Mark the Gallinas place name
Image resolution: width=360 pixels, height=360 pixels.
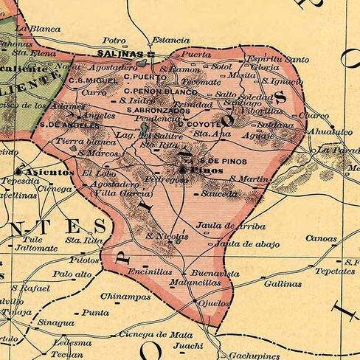283,283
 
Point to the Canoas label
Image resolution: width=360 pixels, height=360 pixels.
321,239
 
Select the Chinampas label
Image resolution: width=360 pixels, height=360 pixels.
120,296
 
